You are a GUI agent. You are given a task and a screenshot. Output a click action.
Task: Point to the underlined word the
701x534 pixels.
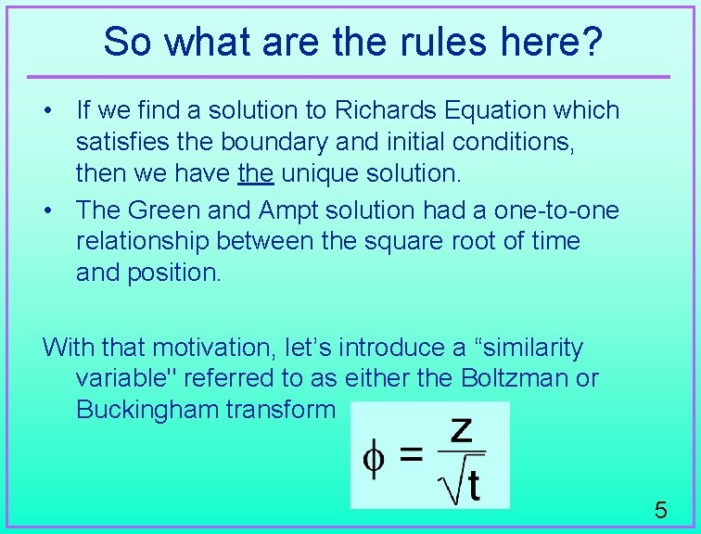point(256,173)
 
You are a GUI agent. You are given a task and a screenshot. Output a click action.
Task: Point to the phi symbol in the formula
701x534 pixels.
point(374,458)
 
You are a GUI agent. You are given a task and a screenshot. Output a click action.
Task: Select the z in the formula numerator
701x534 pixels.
point(461,429)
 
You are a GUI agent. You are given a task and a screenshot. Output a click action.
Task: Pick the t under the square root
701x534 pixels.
point(472,485)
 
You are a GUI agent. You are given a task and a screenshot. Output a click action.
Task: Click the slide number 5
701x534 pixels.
point(661,510)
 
